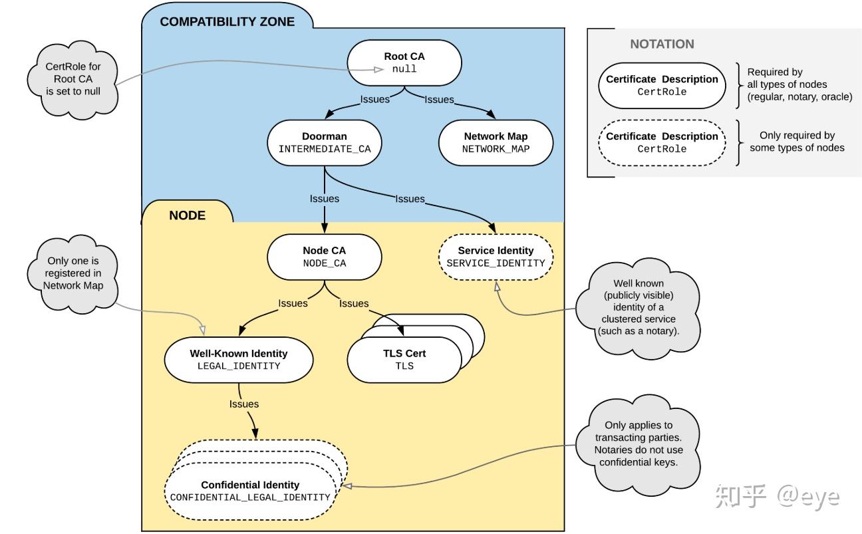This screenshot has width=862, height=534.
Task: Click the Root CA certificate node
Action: (404, 63)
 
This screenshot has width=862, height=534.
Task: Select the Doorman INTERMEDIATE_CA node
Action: (325, 143)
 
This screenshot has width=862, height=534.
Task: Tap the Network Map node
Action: (496, 143)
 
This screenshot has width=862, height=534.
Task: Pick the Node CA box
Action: (325, 257)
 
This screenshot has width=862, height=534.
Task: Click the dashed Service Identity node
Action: (496, 257)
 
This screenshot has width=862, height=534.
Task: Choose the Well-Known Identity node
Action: (239, 360)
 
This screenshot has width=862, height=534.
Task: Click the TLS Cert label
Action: (404, 353)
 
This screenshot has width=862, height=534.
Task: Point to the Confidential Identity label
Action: (250, 485)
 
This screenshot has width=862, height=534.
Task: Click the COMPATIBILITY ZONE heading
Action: (227, 21)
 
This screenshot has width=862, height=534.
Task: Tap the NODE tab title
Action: (188, 215)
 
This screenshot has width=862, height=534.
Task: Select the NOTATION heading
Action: (662, 44)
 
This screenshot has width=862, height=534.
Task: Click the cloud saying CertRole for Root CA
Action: (72, 80)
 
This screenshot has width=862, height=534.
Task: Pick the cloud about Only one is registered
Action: (72, 274)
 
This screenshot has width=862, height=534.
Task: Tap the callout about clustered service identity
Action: (639, 309)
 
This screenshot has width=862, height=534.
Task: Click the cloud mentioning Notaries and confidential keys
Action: (639, 445)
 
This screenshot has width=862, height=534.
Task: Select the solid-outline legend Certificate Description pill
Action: (662, 85)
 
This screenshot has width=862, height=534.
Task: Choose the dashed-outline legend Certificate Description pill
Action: (662, 143)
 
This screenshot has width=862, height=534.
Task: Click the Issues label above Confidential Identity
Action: (244, 404)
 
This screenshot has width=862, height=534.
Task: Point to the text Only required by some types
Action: (797, 142)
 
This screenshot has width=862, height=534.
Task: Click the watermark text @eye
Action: (808, 497)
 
